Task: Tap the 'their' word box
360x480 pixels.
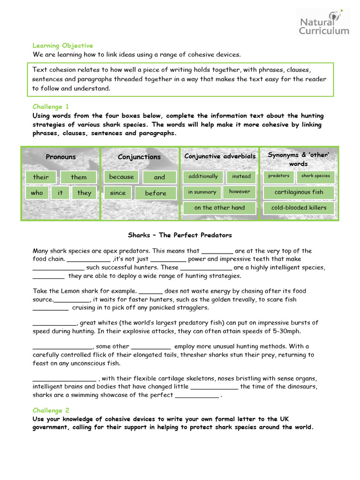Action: tap(41, 177)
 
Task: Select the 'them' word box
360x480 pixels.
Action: tap(79, 177)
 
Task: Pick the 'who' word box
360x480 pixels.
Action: tap(37, 193)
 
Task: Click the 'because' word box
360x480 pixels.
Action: tap(121, 177)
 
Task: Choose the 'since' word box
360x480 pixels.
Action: tap(118, 193)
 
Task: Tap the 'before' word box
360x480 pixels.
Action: tap(156, 193)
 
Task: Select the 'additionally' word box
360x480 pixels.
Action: tap(203, 176)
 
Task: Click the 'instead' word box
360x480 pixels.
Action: tap(241, 177)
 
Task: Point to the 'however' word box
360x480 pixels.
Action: tap(240, 191)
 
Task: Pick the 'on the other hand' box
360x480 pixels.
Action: tap(219, 208)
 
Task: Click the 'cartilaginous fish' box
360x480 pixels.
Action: tap(299, 192)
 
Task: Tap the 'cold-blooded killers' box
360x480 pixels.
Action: tap(299, 208)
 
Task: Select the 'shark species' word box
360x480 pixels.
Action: tap(315, 176)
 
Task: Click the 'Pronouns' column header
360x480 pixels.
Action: tap(61, 157)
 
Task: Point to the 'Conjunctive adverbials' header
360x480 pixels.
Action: tap(220, 156)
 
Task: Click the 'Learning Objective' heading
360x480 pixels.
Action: tap(63, 45)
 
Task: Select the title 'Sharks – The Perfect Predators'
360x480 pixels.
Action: tap(180, 235)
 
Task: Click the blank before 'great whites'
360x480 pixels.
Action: tap(54, 322)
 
